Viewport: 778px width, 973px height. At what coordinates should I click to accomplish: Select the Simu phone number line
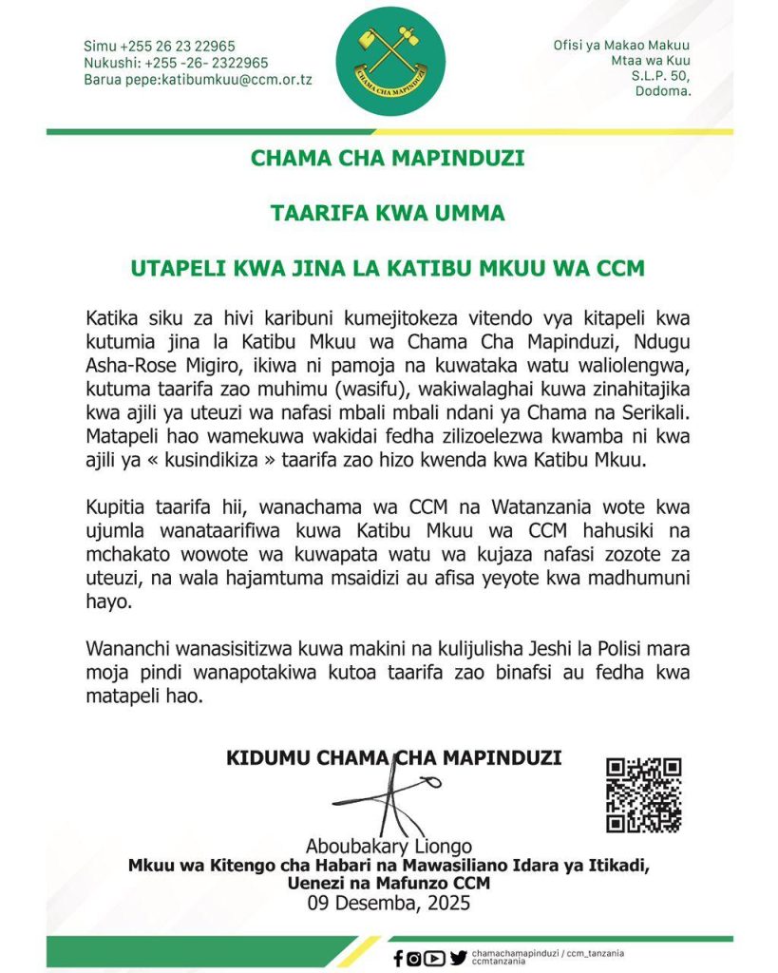point(160,46)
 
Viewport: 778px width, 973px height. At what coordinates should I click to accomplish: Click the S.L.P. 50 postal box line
point(661,76)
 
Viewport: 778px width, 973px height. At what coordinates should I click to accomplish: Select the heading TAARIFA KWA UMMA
point(388,214)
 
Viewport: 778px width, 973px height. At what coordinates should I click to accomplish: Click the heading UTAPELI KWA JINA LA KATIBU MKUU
point(388,268)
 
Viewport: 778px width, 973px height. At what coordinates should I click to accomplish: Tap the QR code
point(644,794)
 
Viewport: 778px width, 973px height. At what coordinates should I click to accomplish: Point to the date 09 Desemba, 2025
point(389,904)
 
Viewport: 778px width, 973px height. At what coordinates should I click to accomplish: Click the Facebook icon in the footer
point(398,958)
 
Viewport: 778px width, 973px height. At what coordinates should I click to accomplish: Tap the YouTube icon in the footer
point(435,958)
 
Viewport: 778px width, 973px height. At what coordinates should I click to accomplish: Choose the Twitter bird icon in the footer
point(458,958)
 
